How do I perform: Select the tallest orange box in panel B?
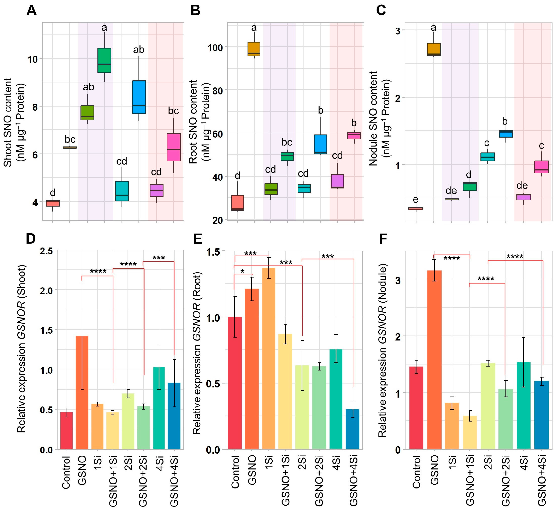pyautogui.click(x=254, y=49)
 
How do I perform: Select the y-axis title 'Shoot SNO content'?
pyautogui.click(x=8, y=122)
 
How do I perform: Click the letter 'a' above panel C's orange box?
pyautogui.click(x=433, y=28)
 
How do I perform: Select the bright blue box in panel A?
pyautogui.click(x=139, y=97)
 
